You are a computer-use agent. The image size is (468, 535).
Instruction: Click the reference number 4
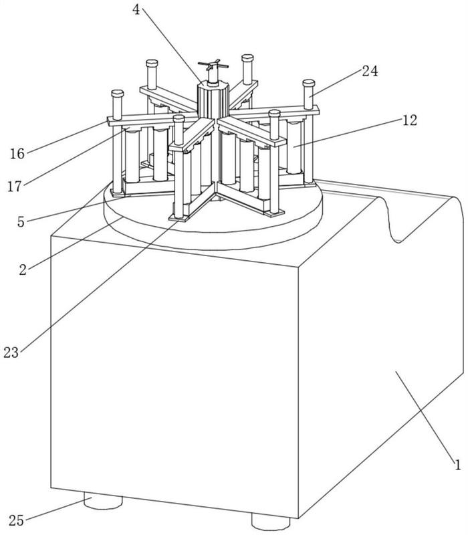pos(136,9)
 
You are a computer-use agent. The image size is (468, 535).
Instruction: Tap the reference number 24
pos(370,72)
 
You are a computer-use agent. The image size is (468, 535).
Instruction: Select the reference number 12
pos(409,120)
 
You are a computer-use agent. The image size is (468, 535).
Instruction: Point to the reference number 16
pos(17,154)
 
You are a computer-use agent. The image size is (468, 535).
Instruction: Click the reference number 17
pos(15,187)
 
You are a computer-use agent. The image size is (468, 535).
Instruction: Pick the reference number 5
pos(21,222)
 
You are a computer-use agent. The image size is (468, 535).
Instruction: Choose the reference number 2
pos(23,270)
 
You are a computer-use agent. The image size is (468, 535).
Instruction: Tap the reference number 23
pos(11,352)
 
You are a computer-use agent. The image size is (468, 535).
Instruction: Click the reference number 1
pos(457,465)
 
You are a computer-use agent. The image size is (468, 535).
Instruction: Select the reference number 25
pos(16,521)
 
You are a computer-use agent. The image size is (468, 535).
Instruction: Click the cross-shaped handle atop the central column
pos(213,66)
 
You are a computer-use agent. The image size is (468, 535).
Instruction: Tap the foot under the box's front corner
pos(271,522)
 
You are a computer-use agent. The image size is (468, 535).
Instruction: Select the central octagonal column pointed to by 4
pos(212,102)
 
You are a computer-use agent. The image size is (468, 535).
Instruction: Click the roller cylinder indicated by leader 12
pos(294,147)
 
